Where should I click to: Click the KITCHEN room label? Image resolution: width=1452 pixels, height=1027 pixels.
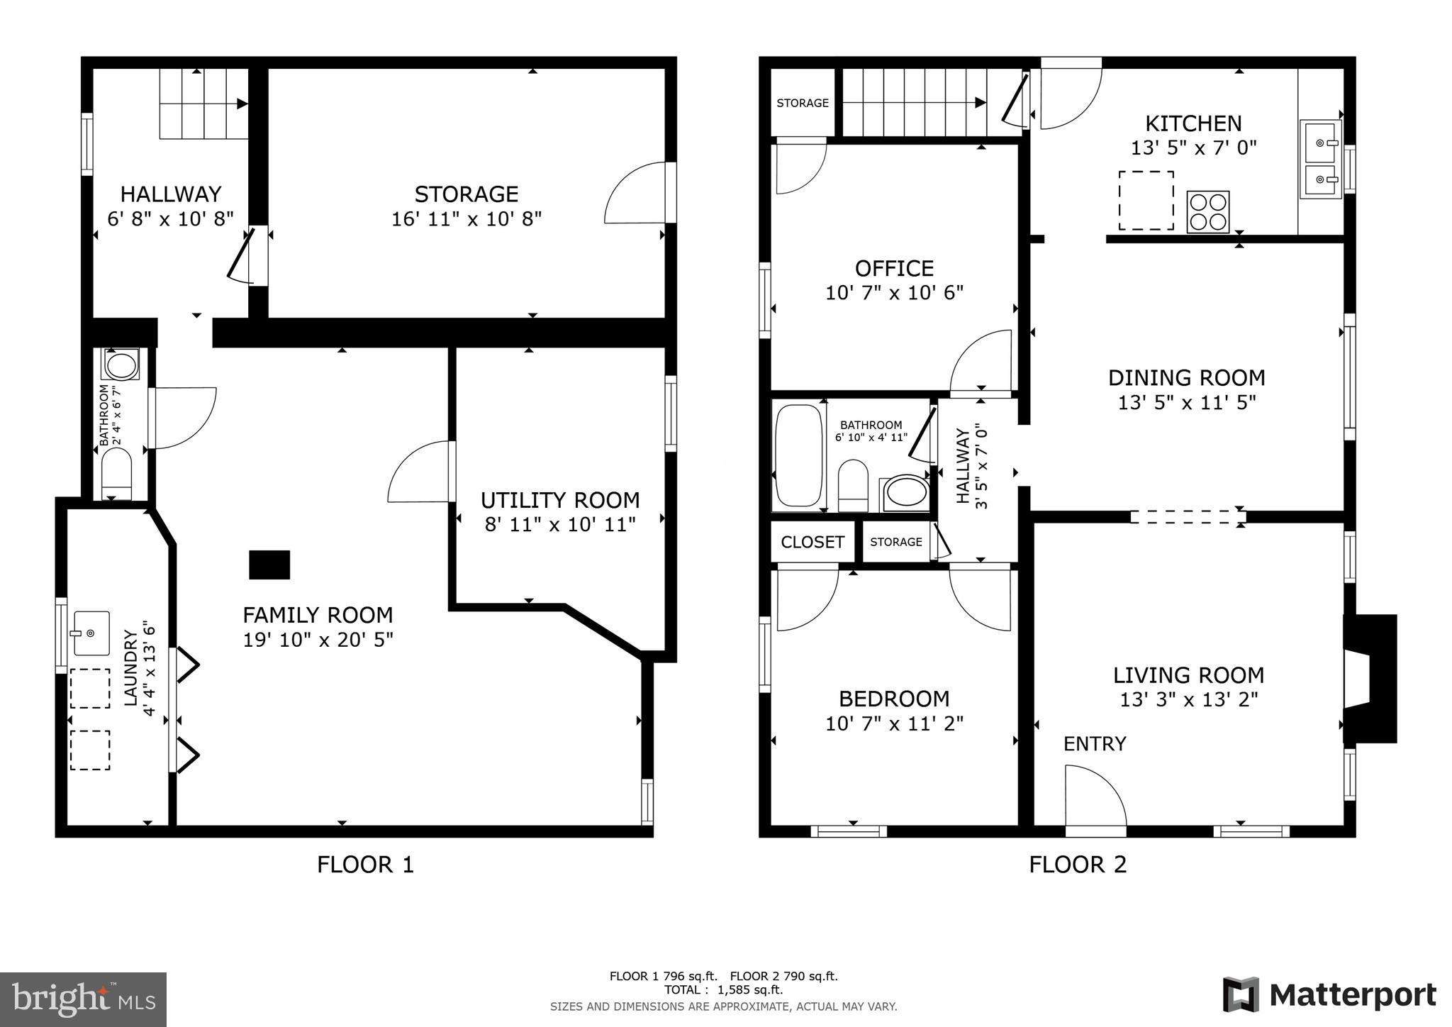point(1193,124)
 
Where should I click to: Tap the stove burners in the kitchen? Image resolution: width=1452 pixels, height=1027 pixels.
point(1207,212)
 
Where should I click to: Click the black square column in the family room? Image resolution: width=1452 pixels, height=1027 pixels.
point(269,565)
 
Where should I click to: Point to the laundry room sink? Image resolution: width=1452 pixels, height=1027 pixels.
point(91,633)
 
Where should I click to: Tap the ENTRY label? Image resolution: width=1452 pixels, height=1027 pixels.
point(1095,744)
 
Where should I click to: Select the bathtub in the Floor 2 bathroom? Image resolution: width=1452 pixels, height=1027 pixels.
point(798,456)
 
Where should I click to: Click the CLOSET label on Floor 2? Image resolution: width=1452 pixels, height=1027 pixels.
point(812,543)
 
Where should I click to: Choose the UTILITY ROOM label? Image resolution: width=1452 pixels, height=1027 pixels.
point(560,501)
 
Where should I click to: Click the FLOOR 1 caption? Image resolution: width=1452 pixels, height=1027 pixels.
point(365,865)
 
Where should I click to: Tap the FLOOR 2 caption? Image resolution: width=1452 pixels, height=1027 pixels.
point(1078,865)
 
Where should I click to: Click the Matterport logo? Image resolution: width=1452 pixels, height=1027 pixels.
point(1329,994)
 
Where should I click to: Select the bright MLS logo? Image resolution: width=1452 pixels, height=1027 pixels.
point(84,1000)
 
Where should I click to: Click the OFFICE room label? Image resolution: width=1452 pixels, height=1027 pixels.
point(894,269)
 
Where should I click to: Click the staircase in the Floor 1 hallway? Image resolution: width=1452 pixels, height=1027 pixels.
point(202,104)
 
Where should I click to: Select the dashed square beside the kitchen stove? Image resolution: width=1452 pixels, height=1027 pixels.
point(1146,201)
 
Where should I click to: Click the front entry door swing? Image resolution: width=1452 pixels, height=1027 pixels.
point(1094,796)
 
